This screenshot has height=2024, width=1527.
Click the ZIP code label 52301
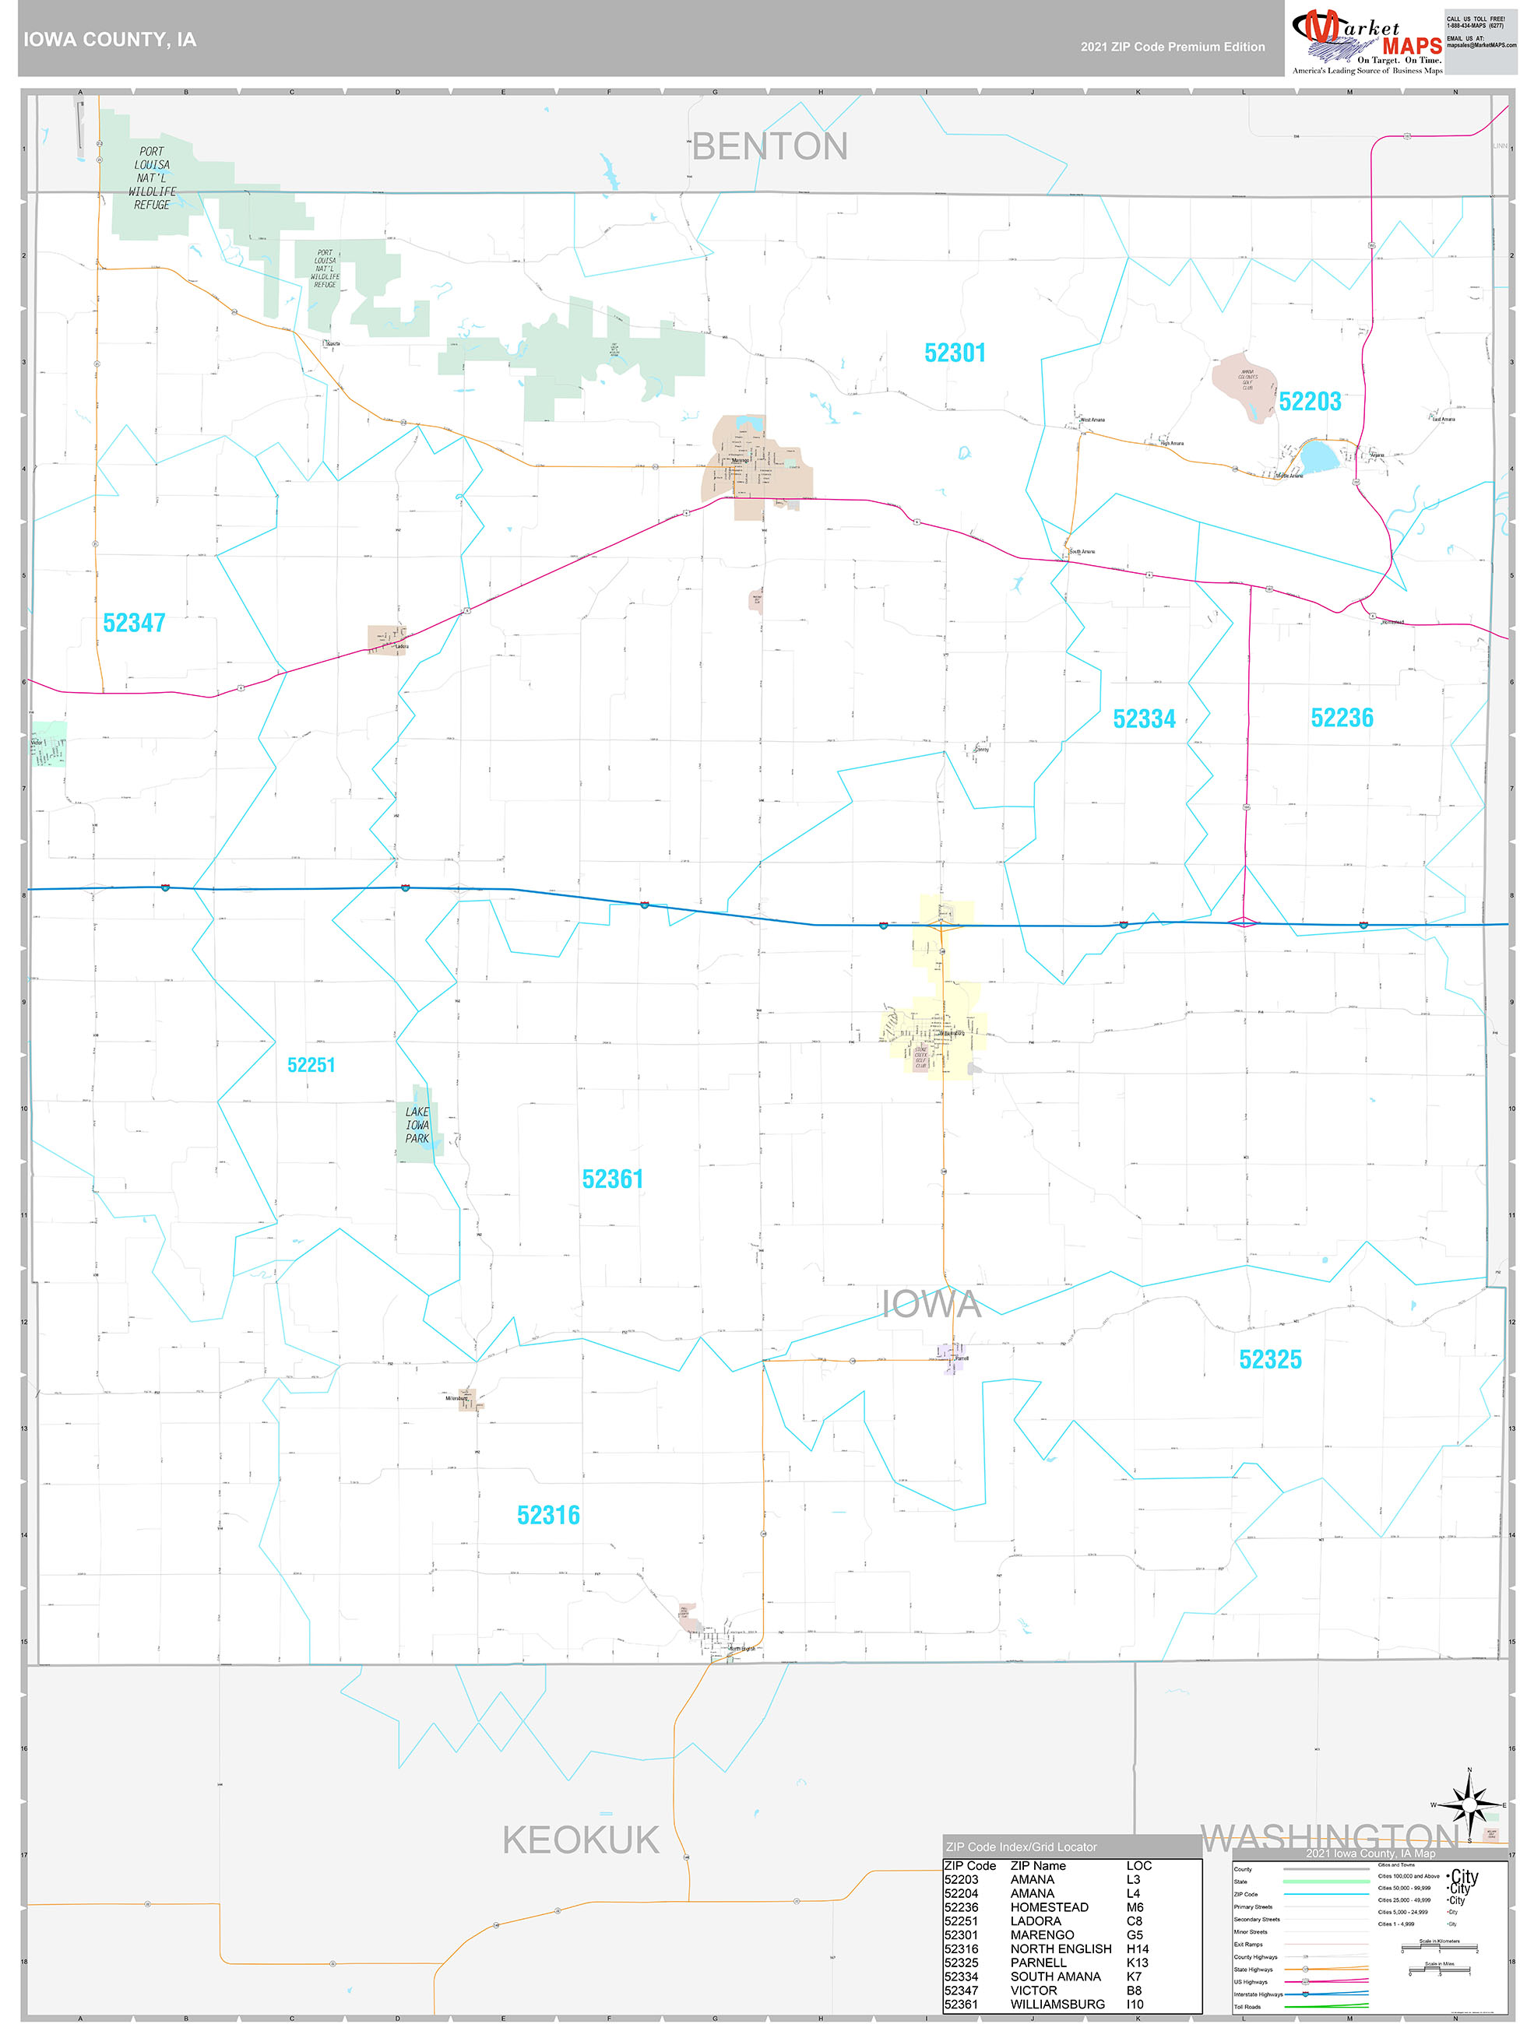[955, 353]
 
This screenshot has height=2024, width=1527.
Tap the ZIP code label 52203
[1309, 402]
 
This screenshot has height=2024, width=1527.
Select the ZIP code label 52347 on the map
[134, 623]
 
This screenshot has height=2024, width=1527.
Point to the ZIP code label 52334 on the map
[1143, 719]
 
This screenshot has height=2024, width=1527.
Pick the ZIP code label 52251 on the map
[311, 1065]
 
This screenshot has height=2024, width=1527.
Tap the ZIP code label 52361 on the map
[613, 1179]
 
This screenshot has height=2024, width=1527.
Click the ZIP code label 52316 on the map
[548, 1515]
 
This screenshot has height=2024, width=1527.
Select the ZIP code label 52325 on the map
[1270, 1360]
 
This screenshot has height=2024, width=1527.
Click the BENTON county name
[769, 146]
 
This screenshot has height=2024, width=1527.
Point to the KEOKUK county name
[580, 1840]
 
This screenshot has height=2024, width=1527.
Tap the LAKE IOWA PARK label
[417, 1126]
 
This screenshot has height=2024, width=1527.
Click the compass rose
[1469, 1806]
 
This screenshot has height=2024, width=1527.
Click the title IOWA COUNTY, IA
[110, 40]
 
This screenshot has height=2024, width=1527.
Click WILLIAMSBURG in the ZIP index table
[1057, 2004]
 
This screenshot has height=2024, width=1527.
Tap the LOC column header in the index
[1139, 1866]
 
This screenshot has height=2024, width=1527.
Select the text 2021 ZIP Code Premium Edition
[1172, 47]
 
